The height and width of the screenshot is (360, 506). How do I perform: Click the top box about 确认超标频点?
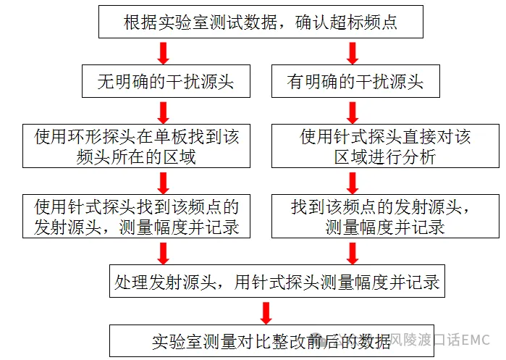click(x=261, y=22)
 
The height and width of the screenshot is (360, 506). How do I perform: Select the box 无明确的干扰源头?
click(x=166, y=81)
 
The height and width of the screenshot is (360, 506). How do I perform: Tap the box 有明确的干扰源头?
click(x=355, y=81)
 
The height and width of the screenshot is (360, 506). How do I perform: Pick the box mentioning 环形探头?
click(x=136, y=146)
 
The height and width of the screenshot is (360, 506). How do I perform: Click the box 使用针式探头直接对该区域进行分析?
click(x=385, y=146)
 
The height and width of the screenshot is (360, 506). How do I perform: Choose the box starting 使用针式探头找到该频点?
click(x=136, y=217)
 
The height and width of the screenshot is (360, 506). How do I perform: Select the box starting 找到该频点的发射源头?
click(x=385, y=217)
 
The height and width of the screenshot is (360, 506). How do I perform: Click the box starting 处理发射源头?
click(x=277, y=281)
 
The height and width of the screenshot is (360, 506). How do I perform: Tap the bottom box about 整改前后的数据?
click(x=271, y=340)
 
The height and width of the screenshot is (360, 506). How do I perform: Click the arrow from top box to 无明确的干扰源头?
click(x=164, y=53)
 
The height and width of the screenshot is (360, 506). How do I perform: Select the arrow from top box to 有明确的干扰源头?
click(x=353, y=53)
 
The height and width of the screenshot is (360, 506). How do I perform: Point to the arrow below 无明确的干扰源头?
click(x=164, y=112)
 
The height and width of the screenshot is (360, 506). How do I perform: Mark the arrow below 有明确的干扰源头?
click(x=353, y=112)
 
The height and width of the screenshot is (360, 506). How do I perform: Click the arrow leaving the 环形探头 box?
click(x=164, y=183)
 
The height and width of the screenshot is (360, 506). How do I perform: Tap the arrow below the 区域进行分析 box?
click(x=353, y=183)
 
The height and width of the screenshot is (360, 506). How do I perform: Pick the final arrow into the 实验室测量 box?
click(x=266, y=313)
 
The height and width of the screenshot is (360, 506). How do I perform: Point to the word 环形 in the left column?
click(x=85, y=137)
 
